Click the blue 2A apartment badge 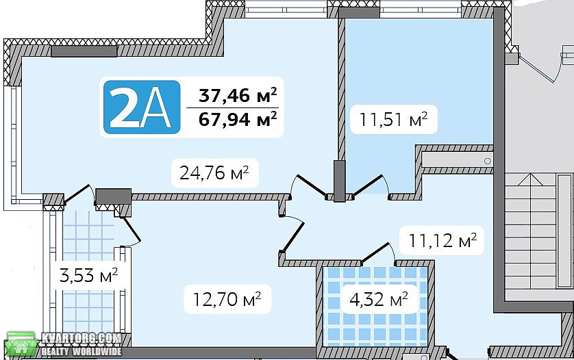coord(142,107)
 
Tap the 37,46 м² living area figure coord(238,95)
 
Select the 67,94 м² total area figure coord(238,119)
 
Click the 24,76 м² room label coord(214,172)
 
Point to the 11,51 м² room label coord(394,119)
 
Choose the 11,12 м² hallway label coord(442,240)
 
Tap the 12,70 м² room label coord(227,299)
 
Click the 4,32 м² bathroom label coord(379,300)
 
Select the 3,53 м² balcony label coord(88,275)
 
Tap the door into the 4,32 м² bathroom coord(375,253)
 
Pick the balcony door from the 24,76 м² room coord(77,193)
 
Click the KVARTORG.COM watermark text coord(81,338)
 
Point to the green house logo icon coord(21,344)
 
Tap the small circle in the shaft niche coord(487,162)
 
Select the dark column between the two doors coord(339,181)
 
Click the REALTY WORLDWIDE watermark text coord(81,352)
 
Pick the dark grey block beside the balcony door coord(114,196)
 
